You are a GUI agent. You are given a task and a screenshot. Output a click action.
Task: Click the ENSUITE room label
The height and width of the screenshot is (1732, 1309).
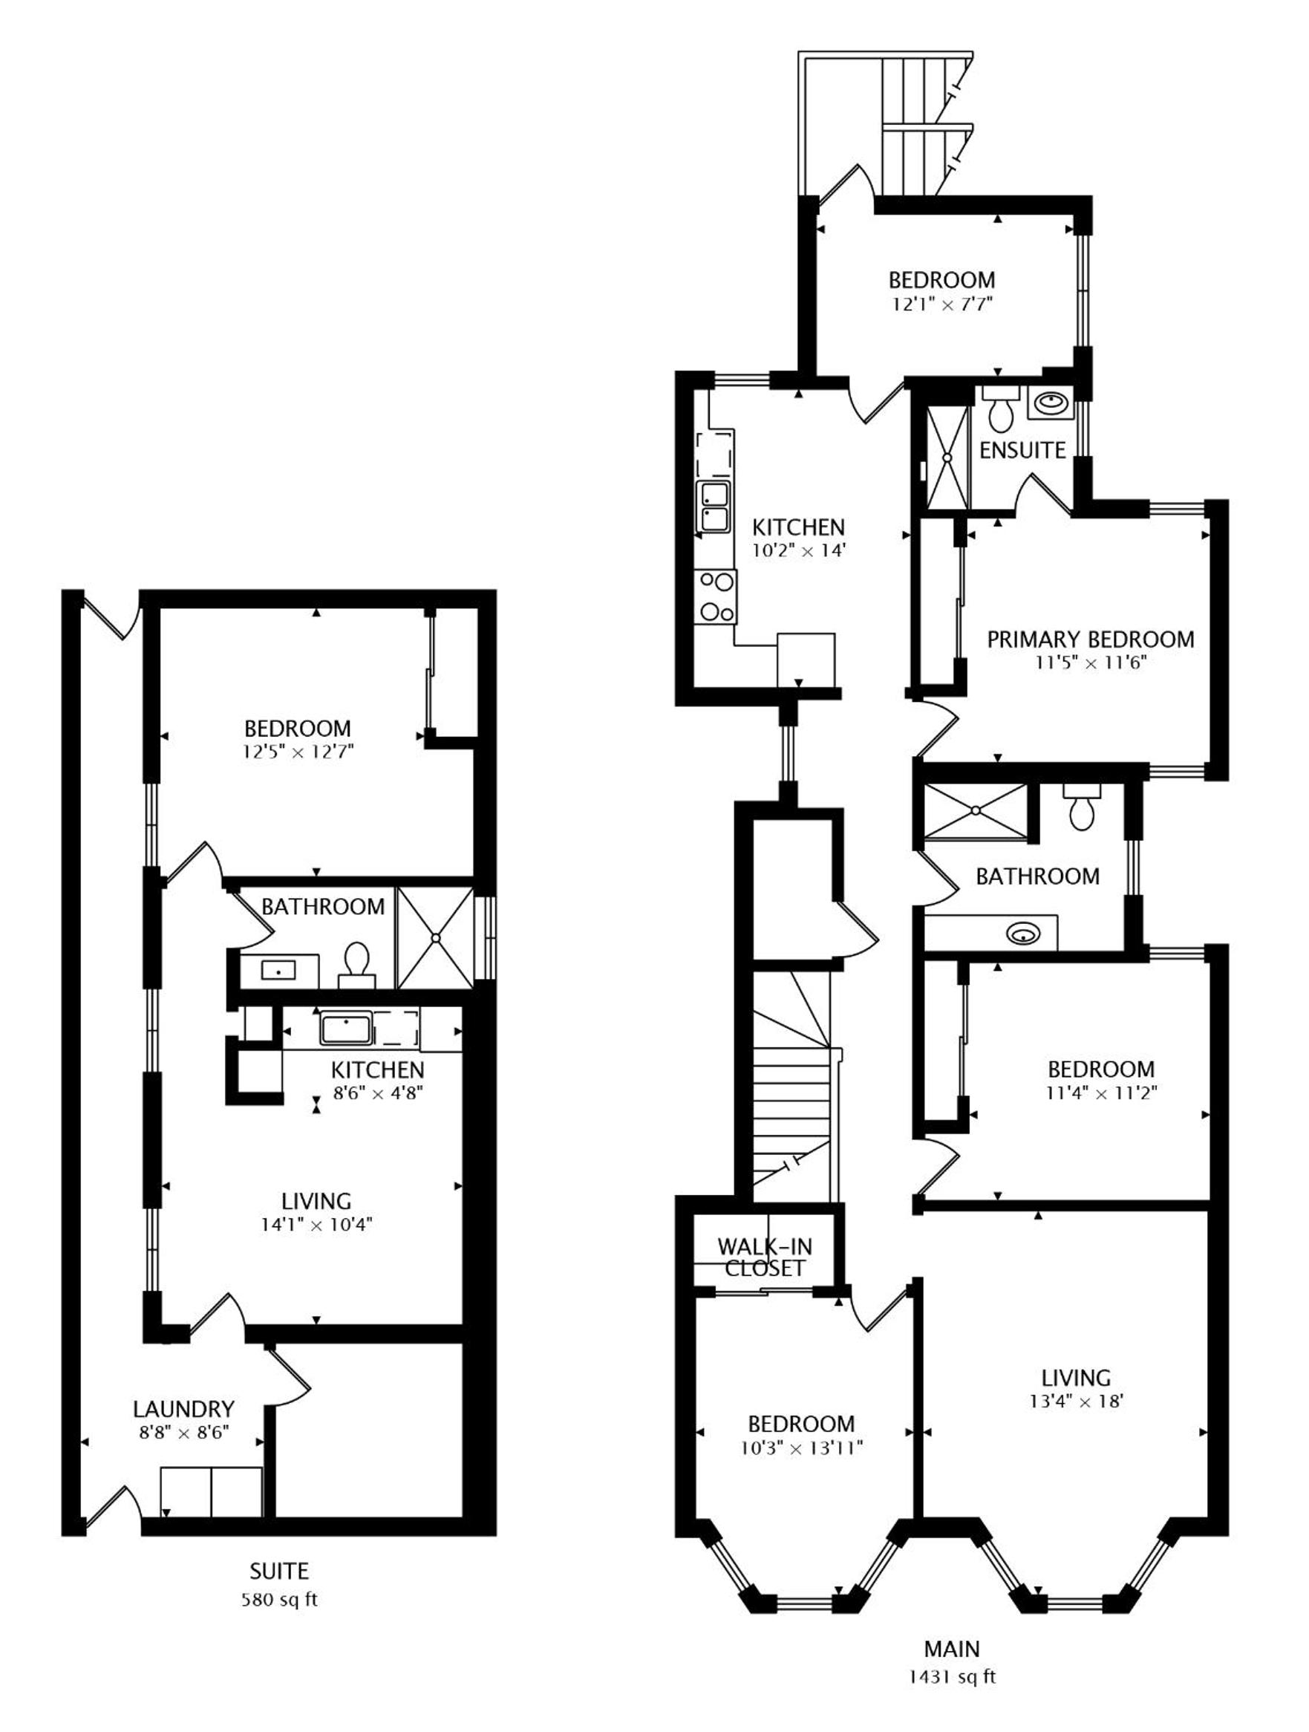1022,450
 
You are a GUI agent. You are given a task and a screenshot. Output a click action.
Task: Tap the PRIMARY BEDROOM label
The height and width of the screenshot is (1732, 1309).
1090,639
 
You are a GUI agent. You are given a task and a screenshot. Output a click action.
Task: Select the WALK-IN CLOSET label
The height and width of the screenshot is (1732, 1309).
765,1257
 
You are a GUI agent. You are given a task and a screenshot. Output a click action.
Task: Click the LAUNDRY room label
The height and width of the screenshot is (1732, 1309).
183,1410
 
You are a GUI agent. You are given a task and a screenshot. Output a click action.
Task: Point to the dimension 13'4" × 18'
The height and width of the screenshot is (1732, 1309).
1076,1401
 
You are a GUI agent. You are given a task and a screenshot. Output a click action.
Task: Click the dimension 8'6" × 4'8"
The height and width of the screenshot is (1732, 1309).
378,1093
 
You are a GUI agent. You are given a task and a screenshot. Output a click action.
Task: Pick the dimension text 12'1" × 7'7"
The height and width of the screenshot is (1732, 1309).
941,304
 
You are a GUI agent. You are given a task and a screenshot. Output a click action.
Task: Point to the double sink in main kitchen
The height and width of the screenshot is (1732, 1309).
714,507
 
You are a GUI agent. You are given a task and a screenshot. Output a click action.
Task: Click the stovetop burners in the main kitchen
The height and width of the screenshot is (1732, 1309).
716,597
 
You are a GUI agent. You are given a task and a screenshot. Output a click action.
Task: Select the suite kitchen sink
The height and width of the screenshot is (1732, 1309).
345,1028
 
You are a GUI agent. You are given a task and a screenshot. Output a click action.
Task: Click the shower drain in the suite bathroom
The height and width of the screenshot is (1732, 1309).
436,937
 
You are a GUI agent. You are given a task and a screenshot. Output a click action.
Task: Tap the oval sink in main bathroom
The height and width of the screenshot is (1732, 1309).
1022,934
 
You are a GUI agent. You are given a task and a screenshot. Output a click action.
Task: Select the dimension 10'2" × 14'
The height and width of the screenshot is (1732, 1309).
799,550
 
